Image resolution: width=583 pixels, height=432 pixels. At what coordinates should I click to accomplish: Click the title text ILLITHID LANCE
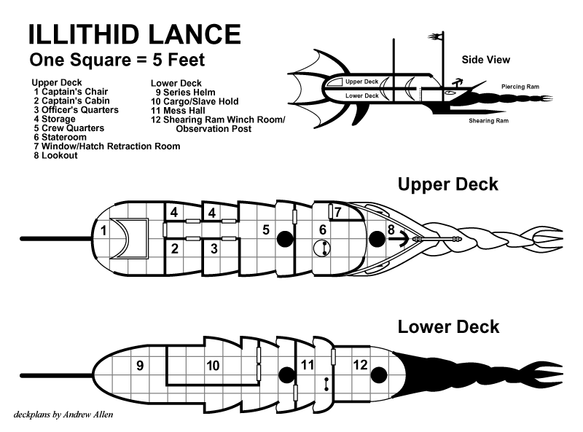[134, 34]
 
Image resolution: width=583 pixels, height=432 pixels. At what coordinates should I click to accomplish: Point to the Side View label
[486, 60]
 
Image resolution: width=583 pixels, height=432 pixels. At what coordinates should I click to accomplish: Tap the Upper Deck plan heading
[447, 184]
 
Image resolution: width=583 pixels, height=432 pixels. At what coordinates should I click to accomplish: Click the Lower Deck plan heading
[448, 326]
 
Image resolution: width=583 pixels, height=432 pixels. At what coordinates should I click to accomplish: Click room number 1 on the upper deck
[103, 231]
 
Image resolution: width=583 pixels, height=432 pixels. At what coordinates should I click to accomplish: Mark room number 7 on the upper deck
[337, 212]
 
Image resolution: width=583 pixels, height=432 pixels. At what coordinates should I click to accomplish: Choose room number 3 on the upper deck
[214, 248]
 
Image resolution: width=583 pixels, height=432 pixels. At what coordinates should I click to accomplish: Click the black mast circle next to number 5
[286, 237]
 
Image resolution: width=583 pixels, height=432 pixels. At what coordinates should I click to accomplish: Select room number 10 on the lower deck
[213, 366]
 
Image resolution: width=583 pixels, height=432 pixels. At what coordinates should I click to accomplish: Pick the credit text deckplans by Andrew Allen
[63, 415]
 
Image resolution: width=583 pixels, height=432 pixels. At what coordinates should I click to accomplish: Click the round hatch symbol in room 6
[321, 248]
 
